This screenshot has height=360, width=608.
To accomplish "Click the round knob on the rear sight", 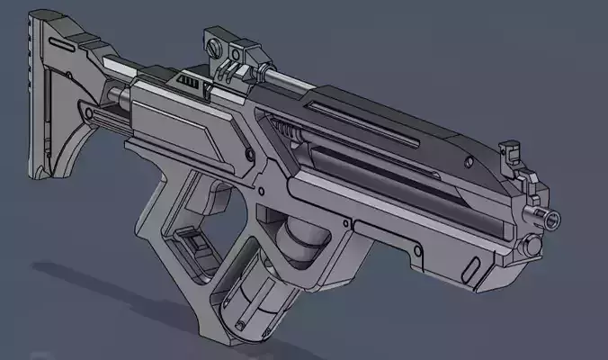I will point(213,40).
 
